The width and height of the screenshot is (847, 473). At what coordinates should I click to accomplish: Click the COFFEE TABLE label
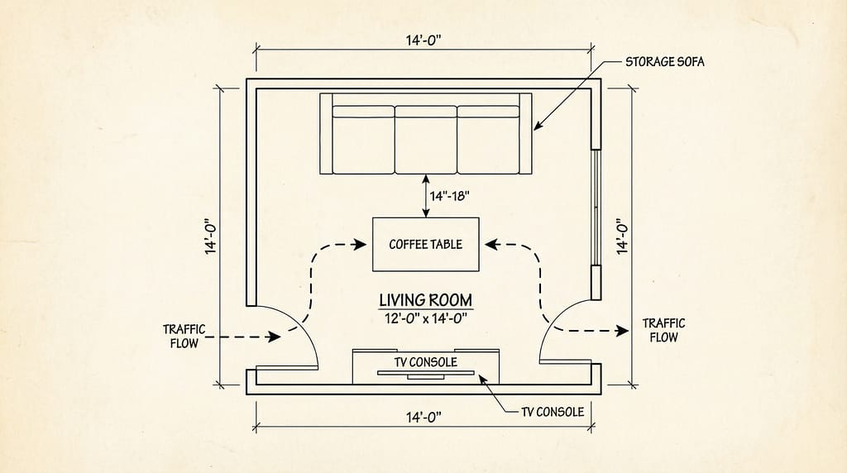425,244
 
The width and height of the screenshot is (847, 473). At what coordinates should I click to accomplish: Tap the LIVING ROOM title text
426,299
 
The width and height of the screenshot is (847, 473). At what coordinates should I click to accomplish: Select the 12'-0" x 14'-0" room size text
426,318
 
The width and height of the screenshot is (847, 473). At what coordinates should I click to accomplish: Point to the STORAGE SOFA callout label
664,62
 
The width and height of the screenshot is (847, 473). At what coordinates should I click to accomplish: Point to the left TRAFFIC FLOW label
184,336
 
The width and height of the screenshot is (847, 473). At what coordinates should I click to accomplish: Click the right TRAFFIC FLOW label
663,330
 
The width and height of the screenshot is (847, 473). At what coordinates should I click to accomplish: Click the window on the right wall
595,208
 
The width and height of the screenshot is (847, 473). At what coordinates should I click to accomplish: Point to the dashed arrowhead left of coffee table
361,244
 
